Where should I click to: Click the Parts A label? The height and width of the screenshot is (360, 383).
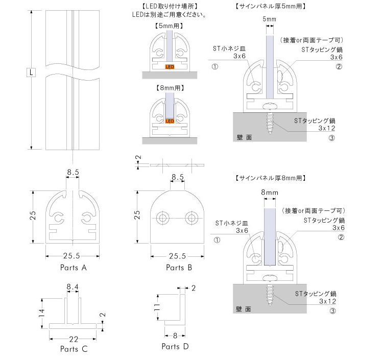pyautogui.click(x=74, y=267)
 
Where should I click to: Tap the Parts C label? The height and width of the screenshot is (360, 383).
pyautogui.click(x=74, y=349)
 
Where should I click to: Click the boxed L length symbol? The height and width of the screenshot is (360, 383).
pyautogui.click(x=31, y=73)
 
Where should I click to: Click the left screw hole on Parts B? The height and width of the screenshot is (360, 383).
pyautogui.click(x=163, y=218)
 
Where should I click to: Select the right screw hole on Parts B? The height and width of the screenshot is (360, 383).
pyautogui.click(x=192, y=218)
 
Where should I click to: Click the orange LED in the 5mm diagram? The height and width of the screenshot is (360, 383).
pyautogui.click(x=169, y=66)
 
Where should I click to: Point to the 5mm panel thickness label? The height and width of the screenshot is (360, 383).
pyautogui.click(x=270, y=19)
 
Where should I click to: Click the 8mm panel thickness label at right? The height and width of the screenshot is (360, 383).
pyautogui.click(x=269, y=192)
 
